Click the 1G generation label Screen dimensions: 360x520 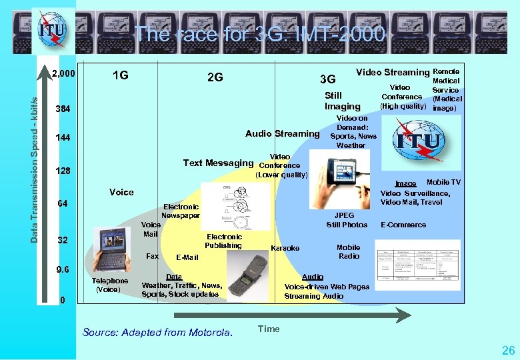[x=121, y=76]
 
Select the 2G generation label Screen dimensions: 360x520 [x=215, y=77]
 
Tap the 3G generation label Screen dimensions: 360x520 [x=327, y=80]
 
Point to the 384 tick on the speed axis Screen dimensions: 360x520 [x=64, y=109]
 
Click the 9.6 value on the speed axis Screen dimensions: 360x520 [x=63, y=270]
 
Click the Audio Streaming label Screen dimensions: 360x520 [x=283, y=133]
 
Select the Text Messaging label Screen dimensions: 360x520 [x=219, y=163]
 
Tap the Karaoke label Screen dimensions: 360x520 [x=285, y=248]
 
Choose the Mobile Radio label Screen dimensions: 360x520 [x=349, y=251]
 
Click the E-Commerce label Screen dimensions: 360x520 [x=403, y=225]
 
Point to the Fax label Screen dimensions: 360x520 [x=152, y=256]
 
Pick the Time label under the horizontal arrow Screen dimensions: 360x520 [x=269, y=329]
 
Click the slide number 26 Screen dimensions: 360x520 [x=508, y=350]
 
